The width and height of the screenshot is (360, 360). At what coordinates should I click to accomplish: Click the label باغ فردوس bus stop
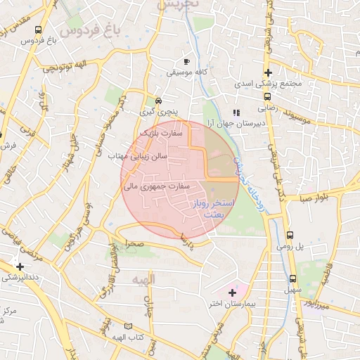[41, 40]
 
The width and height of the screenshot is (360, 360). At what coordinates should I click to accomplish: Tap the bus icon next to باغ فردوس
[37, 30]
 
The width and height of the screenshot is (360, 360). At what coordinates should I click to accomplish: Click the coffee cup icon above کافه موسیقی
[186, 61]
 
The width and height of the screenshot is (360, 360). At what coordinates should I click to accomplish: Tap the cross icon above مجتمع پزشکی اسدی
[267, 72]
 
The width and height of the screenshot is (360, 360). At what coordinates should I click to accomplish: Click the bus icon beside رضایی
[267, 97]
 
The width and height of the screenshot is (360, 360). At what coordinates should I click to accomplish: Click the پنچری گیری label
[154, 112]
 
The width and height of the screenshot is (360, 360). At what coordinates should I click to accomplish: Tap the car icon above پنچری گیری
[158, 101]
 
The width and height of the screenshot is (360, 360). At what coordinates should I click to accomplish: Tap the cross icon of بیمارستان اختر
[232, 292]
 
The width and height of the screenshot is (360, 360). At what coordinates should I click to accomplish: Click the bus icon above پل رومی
[290, 236]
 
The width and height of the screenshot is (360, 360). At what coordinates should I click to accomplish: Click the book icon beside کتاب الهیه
[128, 326]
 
